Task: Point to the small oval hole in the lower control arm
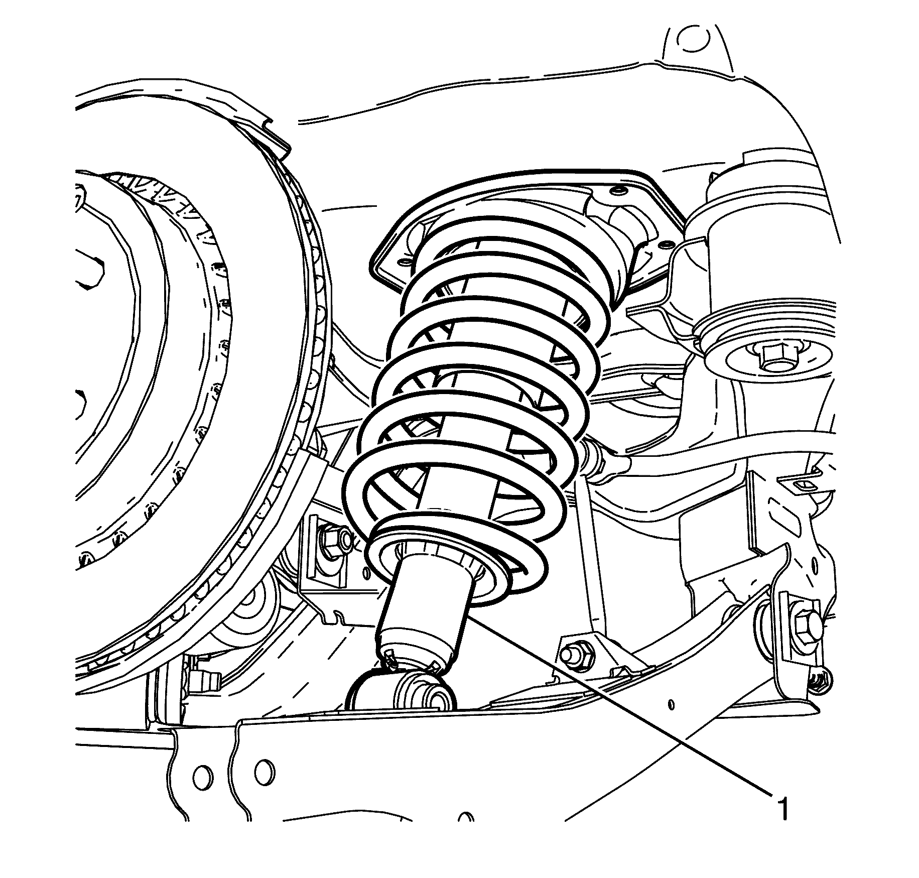point(672,704)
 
